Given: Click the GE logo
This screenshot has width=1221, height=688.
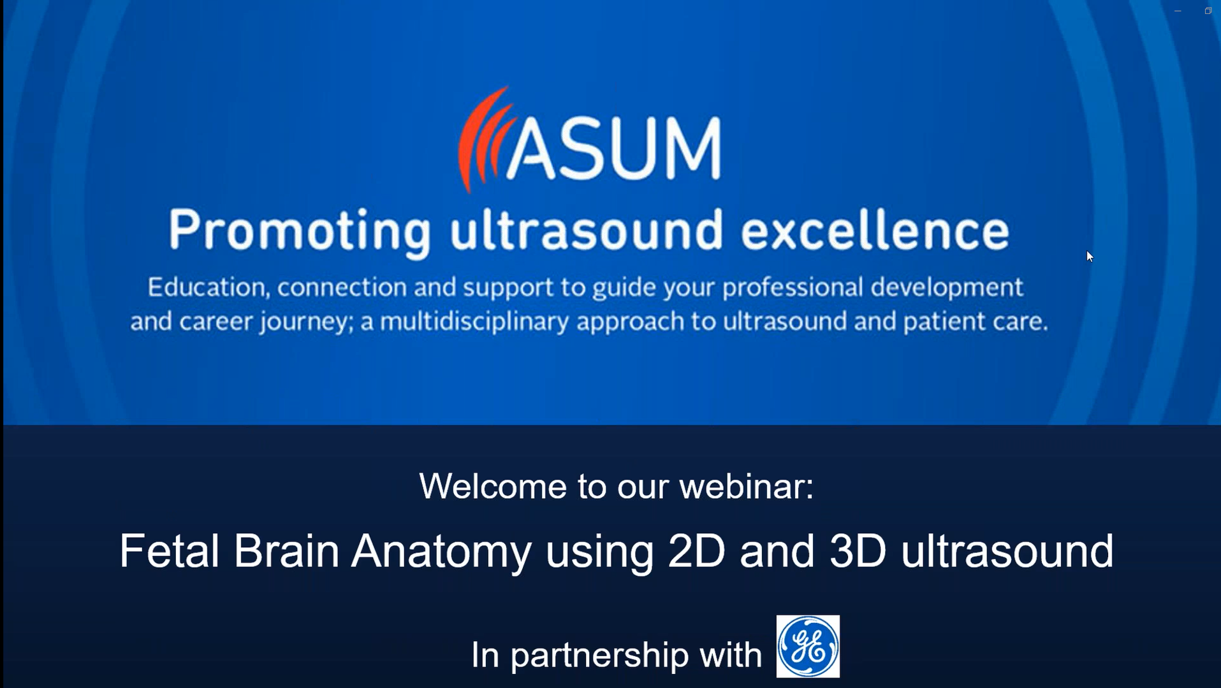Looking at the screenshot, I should pos(808,646).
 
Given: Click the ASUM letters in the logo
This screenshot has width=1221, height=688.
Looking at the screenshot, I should pos(614,148).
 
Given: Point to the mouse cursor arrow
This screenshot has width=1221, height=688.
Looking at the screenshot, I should pos(1090,256).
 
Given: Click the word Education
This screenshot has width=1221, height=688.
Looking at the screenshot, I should pos(205,287).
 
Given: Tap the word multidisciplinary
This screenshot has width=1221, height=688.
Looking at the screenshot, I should pos(474,322).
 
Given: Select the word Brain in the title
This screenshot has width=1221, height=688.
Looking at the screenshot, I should pos(286,551).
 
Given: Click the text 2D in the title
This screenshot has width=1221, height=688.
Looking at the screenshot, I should pos(696,551).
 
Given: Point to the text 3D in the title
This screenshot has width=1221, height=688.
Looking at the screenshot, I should pos(858,551).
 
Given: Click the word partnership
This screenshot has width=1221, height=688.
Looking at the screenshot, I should pos(599,655).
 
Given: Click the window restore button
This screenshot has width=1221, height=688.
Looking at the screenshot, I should pos(1208,11).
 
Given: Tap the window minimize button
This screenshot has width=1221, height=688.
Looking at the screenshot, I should pos(1178,11).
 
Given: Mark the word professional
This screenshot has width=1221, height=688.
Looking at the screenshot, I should pos(792,287).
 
